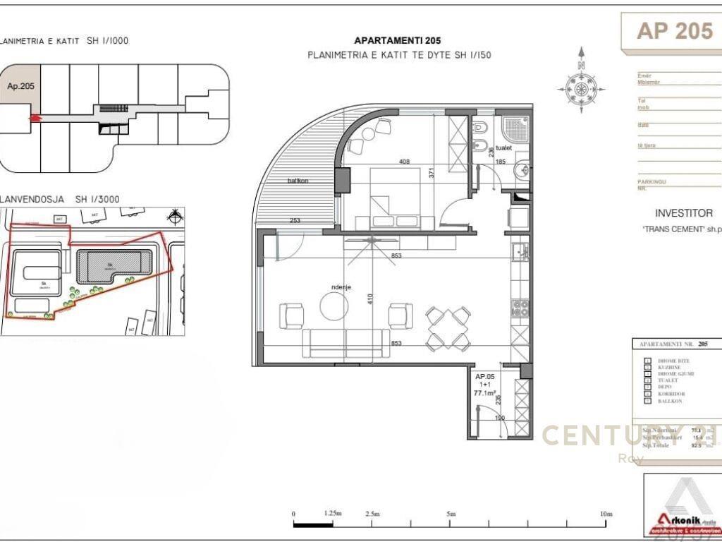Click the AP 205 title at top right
674,31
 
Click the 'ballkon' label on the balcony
298,181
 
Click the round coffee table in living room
334,306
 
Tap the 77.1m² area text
487,392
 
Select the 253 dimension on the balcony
295,222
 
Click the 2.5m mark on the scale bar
372,514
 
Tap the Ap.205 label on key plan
20,86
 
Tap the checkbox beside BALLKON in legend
647,401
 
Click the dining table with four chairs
449,327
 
